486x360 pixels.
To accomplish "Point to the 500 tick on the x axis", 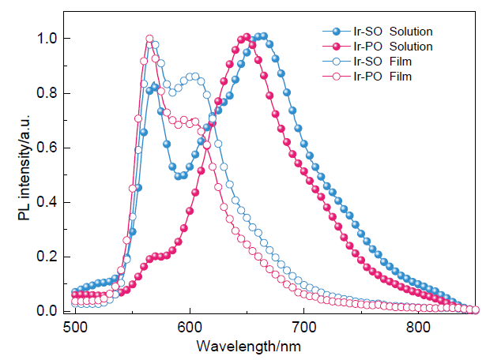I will [x=76, y=326].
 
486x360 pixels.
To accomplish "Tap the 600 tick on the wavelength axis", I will [x=190, y=326].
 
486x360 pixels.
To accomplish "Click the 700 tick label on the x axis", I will [x=303, y=326].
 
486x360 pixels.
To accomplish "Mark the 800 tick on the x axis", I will [x=417, y=326].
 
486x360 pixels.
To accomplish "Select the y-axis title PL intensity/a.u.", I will [x=22, y=175].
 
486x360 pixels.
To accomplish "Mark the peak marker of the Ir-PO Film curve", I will [x=149, y=39].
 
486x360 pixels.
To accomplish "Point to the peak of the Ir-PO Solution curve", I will [x=247, y=37].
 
